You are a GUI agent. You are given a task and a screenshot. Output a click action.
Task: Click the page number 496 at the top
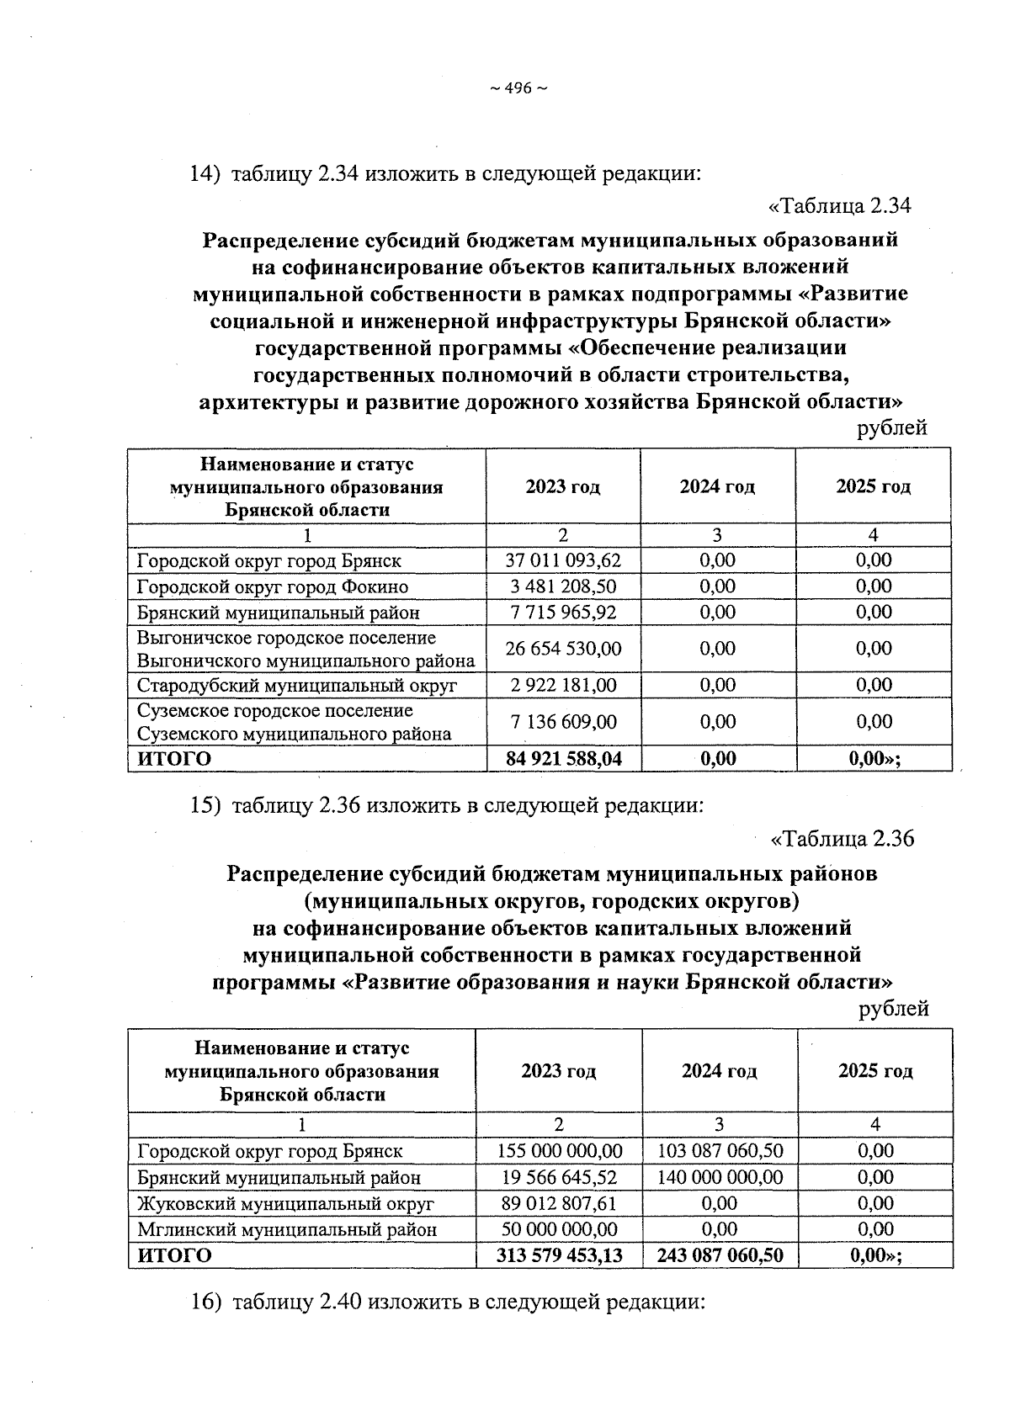tap(518, 88)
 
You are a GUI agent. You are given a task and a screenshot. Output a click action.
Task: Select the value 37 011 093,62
tap(562, 560)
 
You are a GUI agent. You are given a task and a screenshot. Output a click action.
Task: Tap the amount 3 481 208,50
tap(562, 586)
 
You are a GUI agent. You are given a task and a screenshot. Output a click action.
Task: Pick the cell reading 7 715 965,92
tap(562, 613)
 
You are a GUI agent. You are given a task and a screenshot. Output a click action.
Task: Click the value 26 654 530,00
tap(562, 649)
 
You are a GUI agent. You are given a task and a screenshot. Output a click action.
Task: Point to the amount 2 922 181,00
tap(562, 686)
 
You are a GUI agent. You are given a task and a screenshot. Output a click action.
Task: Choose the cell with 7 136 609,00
tap(562, 722)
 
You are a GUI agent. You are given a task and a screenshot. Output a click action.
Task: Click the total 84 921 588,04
tap(563, 759)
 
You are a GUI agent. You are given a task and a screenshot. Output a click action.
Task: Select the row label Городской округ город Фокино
tap(273, 586)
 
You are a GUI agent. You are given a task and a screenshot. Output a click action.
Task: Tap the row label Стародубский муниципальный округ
tap(297, 686)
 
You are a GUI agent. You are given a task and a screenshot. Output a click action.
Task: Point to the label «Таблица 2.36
tap(842, 839)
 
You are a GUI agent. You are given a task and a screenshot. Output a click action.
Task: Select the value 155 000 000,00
tap(560, 1151)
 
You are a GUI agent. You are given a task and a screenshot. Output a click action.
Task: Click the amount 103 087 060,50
tap(720, 1151)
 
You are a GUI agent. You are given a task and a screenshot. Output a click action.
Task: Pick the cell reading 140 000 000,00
tap(720, 1177)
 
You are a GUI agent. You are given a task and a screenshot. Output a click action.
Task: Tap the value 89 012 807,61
tap(560, 1204)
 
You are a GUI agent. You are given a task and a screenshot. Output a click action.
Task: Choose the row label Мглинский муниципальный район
tap(287, 1230)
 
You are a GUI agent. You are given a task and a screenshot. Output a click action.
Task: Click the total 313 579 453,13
tap(560, 1256)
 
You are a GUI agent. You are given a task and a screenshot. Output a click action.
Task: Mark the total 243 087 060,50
tap(720, 1256)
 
